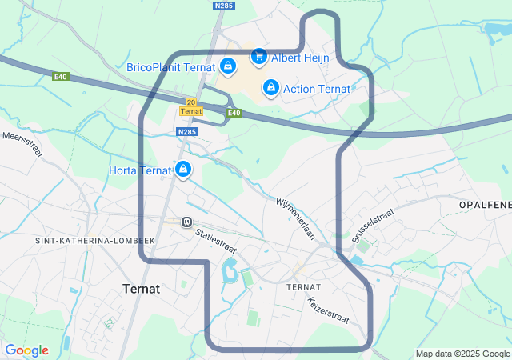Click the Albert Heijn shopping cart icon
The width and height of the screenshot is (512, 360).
(258, 57)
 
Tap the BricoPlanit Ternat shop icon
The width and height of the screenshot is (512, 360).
(228, 66)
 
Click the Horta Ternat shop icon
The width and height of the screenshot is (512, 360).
(183, 170)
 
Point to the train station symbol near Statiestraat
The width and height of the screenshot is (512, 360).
(186, 222)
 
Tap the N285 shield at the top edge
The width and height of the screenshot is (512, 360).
(223, 6)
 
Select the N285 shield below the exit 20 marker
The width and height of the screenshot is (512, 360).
(187, 132)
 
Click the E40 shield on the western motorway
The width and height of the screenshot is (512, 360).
(61, 77)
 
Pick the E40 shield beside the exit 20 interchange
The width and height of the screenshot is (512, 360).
(234, 113)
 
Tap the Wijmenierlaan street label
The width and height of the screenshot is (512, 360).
(297, 219)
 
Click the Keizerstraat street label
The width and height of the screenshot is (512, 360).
(328, 310)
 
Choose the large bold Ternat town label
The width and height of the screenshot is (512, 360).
(142, 288)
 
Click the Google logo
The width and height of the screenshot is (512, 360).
(26, 350)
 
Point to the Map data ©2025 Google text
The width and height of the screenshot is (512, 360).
(462, 354)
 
